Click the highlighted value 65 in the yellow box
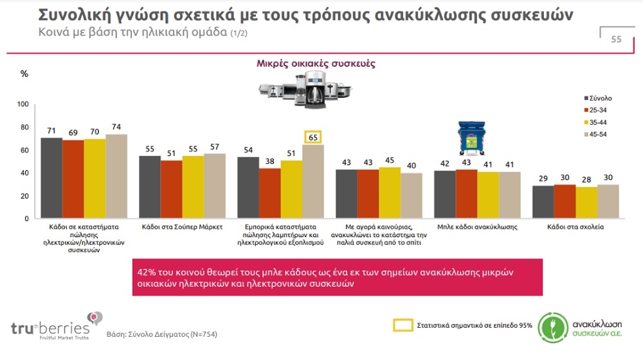coord(312,136)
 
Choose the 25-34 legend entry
coord(597,110)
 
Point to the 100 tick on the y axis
coord(23,104)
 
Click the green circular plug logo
coord(552,326)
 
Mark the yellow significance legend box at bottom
coord(402,325)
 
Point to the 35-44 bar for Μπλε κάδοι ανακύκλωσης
coord(488,195)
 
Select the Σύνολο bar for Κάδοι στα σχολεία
coord(543,202)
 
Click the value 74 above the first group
coord(116,127)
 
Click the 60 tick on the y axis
coord(24,150)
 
